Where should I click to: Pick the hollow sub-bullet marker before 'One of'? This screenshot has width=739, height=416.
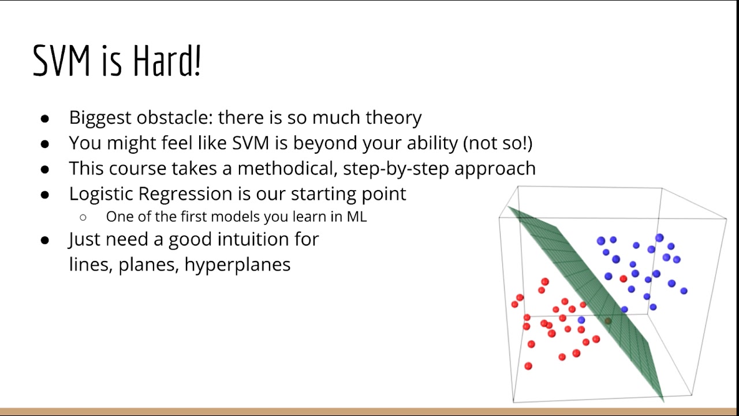(83, 218)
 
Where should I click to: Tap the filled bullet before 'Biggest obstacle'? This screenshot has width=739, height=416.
(45, 118)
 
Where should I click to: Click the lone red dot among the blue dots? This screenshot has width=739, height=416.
(623, 279)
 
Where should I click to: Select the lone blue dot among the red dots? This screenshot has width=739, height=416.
(581, 320)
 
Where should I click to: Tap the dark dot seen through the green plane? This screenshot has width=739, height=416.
(607, 321)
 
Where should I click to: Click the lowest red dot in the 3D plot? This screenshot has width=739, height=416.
(528, 366)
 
